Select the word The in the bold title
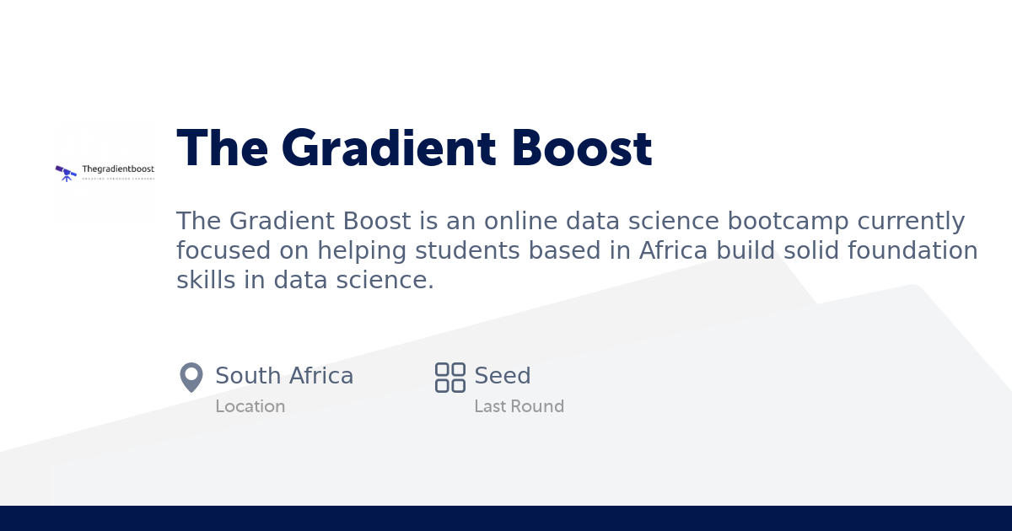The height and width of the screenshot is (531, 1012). click(222, 148)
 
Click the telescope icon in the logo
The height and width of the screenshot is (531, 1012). click(66, 173)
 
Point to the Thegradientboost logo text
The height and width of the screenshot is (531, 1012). click(118, 169)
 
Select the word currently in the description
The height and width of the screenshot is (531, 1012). click(911, 222)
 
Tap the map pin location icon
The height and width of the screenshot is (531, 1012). click(191, 377)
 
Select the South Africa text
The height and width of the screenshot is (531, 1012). click(284, 376)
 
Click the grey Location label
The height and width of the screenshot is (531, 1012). click(250, 406)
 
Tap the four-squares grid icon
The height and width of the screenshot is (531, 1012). click(450, 377)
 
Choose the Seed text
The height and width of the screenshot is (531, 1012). click(503, 376)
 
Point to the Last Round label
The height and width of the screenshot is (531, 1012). click(519, 406)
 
